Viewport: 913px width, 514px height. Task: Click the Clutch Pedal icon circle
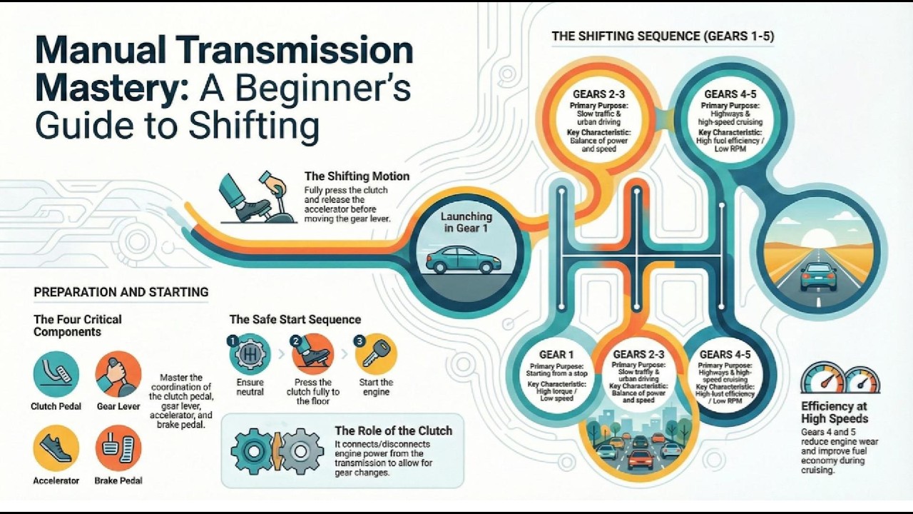click(56, 374)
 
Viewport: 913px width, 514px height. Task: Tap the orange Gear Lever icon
click(118, 374)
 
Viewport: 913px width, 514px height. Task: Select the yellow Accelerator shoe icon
click(56, 448)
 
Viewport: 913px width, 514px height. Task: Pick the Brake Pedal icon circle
click(118, 448)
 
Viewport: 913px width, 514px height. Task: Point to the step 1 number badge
click(232, 341)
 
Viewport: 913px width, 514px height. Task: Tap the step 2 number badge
click(296, 341)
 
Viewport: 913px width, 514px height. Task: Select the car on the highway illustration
click(818, 276)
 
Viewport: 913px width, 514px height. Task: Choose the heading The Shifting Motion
click(357, 176)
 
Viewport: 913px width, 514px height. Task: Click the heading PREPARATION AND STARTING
click(121, 292)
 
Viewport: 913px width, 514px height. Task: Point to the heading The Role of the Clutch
click(393, 430)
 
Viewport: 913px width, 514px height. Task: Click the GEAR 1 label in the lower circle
click(556, 355)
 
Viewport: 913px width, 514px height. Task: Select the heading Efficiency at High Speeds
click(835, 412)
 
